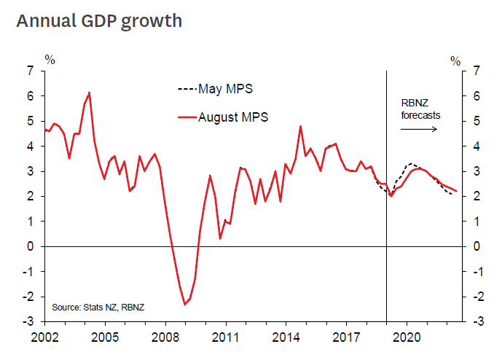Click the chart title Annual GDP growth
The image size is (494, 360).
[x=99, y=20]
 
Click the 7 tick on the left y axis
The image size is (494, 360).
[x=30, y=71]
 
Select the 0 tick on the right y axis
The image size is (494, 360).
[x=476, y=246]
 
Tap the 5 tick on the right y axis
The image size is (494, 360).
[x=476, y=121]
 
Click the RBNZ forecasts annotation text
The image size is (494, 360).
[x=421, y=109]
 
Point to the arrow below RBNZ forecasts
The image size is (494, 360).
[x=418, y=129]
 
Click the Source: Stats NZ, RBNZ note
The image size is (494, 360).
[x=98, y=308]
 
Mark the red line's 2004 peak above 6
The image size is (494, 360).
[x=89, y=93]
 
